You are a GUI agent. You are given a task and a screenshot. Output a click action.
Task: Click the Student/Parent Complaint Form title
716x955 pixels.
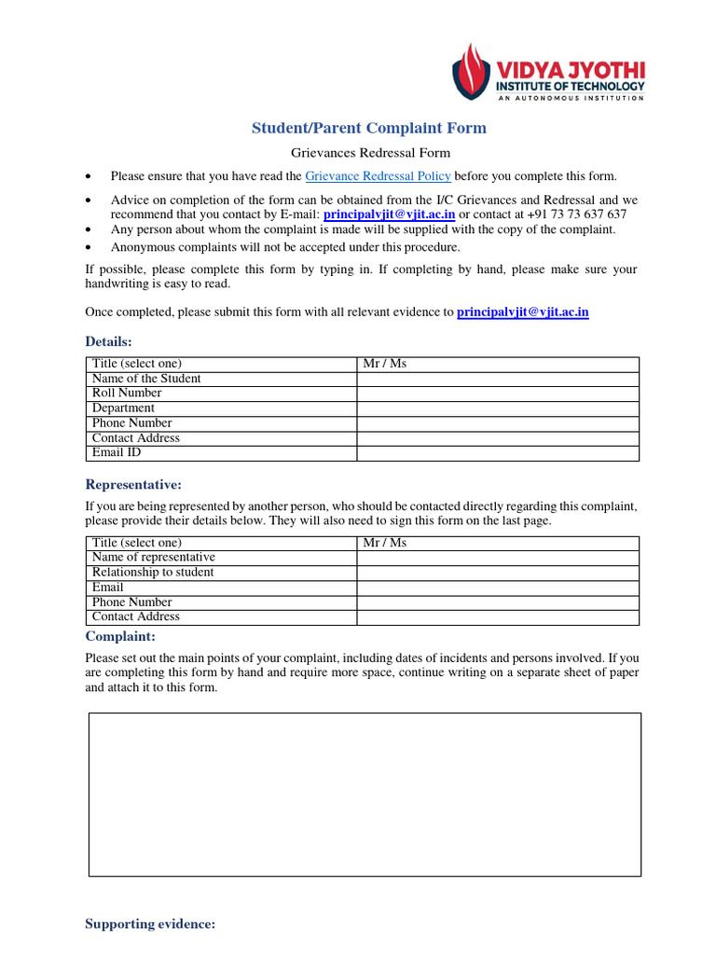coord(368,128)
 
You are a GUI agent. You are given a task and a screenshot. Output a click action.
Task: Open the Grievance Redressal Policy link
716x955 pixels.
coord(378,175)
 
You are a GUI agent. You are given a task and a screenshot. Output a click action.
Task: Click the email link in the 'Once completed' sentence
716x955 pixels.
coord(522,312)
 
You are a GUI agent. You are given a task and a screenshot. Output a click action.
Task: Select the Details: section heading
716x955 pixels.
coord(109,342)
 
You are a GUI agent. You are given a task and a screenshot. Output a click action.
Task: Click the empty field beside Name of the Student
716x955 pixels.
coord(498,379)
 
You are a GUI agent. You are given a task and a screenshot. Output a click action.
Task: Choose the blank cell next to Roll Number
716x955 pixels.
coord(498,394)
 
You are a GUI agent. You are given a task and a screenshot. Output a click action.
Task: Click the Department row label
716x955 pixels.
coord(123,408)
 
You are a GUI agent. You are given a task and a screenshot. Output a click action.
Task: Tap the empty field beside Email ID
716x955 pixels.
coord(498,453)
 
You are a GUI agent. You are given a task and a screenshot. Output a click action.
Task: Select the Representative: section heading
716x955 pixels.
coord(133,484)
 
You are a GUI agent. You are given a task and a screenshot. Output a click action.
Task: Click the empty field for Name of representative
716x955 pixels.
coord(498,558)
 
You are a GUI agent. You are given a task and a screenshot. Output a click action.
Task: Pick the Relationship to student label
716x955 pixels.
coord(153,573)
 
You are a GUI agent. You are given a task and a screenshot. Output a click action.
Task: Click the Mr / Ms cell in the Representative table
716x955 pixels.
coord(385,543)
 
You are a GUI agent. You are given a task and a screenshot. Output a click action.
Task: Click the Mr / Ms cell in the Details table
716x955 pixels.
coord(385,364)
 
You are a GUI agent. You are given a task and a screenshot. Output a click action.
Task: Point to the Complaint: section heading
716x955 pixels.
coord(120,636)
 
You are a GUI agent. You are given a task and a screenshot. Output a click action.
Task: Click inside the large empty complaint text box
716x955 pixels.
coord(365,795)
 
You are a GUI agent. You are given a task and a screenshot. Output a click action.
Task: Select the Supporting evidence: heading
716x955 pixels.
coord(150,924)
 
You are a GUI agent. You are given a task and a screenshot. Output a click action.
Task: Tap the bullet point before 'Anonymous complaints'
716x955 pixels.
coord(89,248)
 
